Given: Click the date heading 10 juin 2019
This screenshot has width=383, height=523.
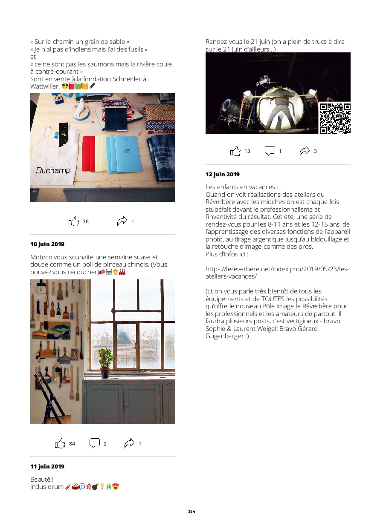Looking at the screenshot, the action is [x=47, y=244].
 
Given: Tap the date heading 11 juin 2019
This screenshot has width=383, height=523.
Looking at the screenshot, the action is [x=47, y=466].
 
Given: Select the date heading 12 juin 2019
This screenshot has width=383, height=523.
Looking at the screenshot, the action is [x=223, y=174].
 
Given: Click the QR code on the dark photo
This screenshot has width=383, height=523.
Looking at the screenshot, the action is [x=335, y=118].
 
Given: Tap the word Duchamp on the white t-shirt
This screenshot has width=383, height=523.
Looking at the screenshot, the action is [x=53, y=170].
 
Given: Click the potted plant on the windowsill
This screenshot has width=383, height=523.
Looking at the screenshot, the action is [x=105, y=362].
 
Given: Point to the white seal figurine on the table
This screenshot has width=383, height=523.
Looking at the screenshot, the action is [x=81, y=108].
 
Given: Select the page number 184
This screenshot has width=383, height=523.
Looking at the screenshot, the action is [x=191, y=512].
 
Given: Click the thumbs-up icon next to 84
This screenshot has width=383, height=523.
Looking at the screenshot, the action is [x=60, y=443].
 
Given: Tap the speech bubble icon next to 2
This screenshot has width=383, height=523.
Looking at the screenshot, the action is [x=95, y=443].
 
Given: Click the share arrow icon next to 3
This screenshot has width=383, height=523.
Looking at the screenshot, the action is [x=305, y=151].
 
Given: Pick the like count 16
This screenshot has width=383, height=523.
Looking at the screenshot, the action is [x=86, y=221].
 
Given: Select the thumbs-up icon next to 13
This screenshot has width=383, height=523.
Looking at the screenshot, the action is [x=235, y=151].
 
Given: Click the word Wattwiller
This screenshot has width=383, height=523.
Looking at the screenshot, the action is [x=45, y=86].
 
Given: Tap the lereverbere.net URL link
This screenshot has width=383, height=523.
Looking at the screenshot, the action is [x=277, y=273].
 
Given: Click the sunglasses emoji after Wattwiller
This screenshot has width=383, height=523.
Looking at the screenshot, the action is [x=65, y=86].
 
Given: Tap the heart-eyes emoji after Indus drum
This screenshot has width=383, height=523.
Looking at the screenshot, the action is [x=116, y=486].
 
